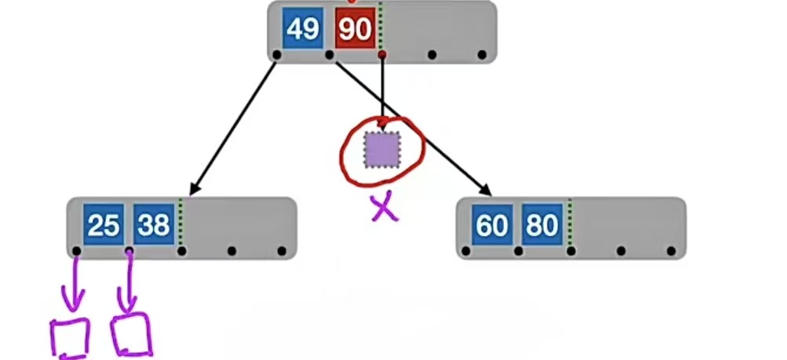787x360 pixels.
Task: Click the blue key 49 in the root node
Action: [302, 30]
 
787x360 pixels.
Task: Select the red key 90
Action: [355, 30]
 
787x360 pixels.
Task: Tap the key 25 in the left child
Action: [104, 226]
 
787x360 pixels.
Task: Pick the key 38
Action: [154, 226]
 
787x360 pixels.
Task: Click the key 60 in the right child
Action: [493, 226]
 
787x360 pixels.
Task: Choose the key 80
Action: [542, 226]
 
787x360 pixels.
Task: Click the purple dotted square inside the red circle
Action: [382, 149]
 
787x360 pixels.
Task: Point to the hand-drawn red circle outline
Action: [343, 149]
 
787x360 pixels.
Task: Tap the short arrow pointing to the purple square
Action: [382, 90]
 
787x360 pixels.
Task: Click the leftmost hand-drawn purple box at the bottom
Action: [70, 338]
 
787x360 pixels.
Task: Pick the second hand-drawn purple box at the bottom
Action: [131, 335]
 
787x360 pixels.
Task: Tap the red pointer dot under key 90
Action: [382, 55]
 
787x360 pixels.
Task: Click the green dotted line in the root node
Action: [381, 27]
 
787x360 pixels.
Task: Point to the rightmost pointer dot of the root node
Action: [482, 55]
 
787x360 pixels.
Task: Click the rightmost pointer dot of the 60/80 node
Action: [672, 251]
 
